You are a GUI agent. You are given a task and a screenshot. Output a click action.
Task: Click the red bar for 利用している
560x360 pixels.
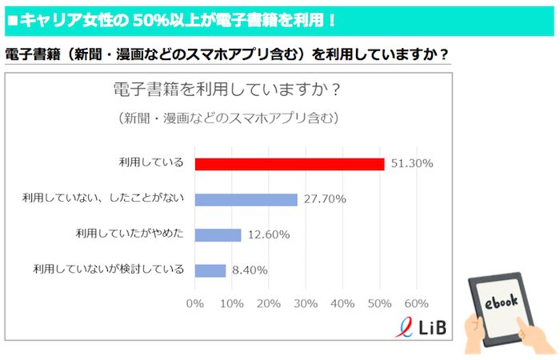pyautogui.click(x=290, y=163)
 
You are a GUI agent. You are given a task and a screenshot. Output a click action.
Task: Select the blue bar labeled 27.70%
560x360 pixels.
pyautogui.click(x=246, y=199)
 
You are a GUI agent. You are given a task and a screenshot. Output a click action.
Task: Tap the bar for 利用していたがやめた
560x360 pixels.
pyautogui.click(x=218, y=234)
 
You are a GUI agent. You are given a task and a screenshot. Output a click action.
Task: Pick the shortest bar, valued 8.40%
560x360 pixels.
pyautogui.click(x=210, y=270)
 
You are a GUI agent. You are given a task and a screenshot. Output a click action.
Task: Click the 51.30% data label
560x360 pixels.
pyautogui.click(x=412, y=163)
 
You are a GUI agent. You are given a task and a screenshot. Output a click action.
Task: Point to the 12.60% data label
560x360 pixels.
pyautogui.click(x=268, y=234)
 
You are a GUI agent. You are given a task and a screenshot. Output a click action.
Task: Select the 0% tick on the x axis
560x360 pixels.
pyautogui.click(x=194, y=304)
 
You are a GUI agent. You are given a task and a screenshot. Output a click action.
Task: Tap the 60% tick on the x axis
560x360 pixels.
pyautogui.click(x=416, y=304)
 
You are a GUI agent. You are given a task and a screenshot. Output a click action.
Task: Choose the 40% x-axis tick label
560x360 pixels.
pyautogui.click(x=342, y=304)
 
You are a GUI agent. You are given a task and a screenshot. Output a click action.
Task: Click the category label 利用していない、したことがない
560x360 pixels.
pyautogui.click(x=103, y=199)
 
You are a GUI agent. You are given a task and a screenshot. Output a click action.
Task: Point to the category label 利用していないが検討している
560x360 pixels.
pyautogui.click(x=108, y=270)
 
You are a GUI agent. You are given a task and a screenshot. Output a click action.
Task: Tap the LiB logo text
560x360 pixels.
pyautogui.click(x=433, y=328)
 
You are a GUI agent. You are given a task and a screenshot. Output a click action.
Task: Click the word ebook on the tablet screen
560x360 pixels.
pyautogui.click(x=501, y=301)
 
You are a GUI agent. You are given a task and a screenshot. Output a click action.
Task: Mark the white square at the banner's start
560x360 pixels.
pyautogui.click(x=12, y=18)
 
